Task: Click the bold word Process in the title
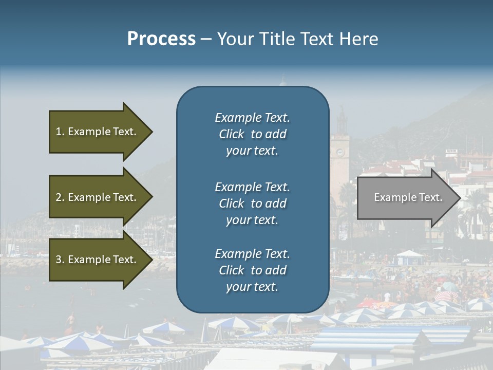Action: point(161,39)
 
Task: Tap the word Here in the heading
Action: point(359,39)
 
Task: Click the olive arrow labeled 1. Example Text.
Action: point(98,132)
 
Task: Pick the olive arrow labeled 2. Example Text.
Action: point(98,197)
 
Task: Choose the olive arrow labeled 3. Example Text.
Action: point(98,260)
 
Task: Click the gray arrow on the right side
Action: point(406,198)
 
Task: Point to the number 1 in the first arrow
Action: point(59,132)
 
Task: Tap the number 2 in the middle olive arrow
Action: point(59,197)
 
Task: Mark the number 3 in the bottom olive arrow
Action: point(59,260)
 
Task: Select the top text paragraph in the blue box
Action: point(252,134)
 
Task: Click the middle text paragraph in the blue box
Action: point(252,203)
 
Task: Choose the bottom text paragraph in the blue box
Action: point(252,270)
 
